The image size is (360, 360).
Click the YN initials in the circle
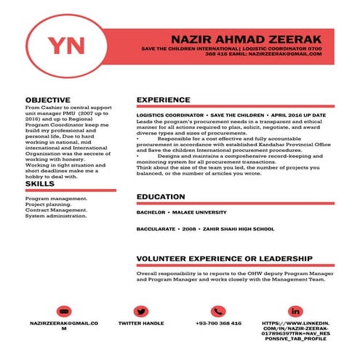click(65, 44)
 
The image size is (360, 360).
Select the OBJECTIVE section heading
click(48, 100)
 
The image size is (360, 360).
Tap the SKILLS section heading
click(39, 184)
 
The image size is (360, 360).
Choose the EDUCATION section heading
click(161, 197)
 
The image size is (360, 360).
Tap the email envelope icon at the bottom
click(65, 311)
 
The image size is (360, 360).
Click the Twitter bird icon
click(141, 311)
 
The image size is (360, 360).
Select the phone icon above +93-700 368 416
click(218, 311)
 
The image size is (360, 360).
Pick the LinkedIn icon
click(295, 311)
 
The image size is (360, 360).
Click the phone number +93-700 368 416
click(218, 323)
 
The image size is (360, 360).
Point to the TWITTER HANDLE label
click(141, 323)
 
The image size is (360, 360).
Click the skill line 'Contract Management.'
click(56, 209)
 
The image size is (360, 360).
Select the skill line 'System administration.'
click(56, 215)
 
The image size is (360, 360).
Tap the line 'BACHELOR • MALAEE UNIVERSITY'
click(181, 212)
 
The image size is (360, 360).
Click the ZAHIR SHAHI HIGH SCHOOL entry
click(239, 229)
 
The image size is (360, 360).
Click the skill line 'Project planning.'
click(49, 204)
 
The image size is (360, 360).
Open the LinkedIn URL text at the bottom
click(295, 331)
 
